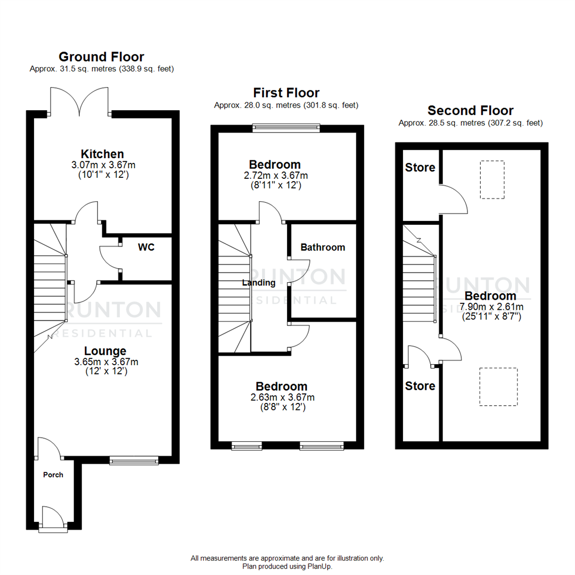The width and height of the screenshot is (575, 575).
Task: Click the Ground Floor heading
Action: click(x=101, y=56)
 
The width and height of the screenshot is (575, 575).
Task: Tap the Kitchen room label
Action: click(x=102, y=154)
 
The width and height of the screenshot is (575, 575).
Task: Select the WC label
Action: click(x=146, y=248)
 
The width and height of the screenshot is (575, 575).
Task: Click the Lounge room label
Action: click(x=105, y=351)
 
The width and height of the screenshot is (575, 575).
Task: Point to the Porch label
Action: click(x=53, y=474)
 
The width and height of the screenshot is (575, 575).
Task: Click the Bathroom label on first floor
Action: click(x=323, y=247)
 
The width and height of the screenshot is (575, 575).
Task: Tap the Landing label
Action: click(x=259, y=283)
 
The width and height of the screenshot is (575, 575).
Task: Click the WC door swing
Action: click(x=109, y=258)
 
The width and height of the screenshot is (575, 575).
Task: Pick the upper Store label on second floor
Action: click(x=420, y=167)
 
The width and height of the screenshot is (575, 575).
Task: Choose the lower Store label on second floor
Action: click(x=420, y=385)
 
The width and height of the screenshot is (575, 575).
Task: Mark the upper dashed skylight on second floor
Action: click(x=492, y=179)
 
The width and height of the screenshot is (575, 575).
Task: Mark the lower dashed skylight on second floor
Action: click(x=498, y=387)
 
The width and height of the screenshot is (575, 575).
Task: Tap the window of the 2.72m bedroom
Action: click(x=286, y=127)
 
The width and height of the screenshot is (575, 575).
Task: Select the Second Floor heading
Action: click(x=471, y=111)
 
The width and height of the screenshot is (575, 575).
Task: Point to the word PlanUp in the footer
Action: click(x=321, y=566)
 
